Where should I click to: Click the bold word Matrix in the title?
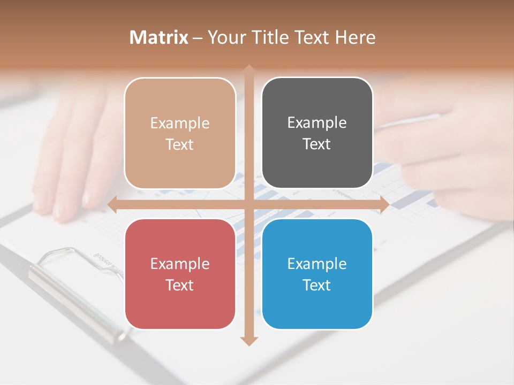(159, 37)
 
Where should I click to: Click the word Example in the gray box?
(317, 122)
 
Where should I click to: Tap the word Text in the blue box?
(317, 285)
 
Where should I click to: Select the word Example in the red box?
(180, 264)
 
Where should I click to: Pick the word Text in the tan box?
(180, 144)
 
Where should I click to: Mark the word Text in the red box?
(180, 285)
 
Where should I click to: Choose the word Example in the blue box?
(317, 264)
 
